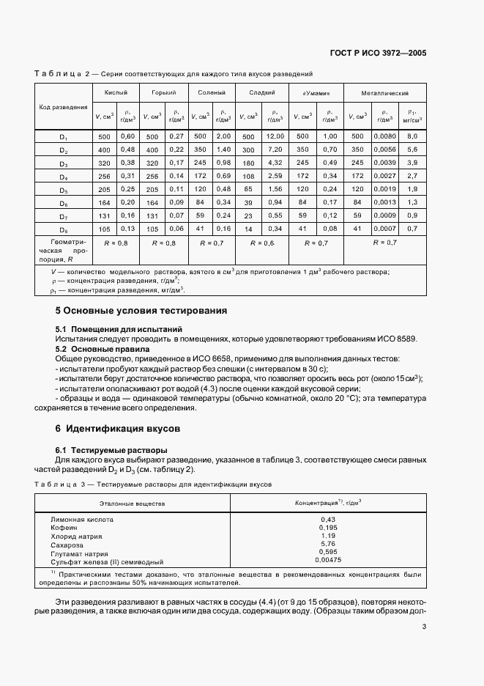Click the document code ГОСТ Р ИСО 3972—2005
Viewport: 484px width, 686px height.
[x=380, y=54]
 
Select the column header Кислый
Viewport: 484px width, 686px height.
[x=105, y=94]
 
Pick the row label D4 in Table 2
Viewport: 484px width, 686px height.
[x=63, y=177]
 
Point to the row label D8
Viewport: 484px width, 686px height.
[x=63, y=229]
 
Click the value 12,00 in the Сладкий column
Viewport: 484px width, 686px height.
[x=275, y=137]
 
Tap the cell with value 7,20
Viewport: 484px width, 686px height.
[x=275, y=150]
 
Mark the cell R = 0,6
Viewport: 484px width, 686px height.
[x=262, y=242]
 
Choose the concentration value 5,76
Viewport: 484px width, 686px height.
[x=327, y=544]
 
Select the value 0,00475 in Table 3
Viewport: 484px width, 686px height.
[x=327, y=561]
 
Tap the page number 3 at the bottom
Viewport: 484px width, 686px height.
[x=424, y=627]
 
